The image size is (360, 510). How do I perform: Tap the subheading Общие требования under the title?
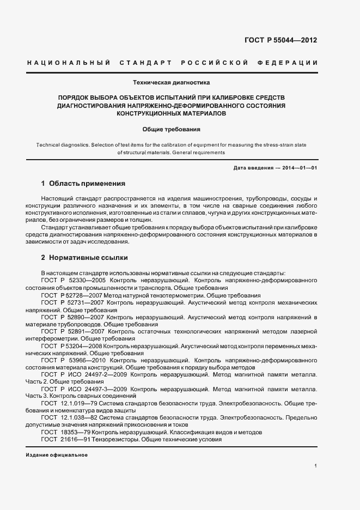tap(172, 130)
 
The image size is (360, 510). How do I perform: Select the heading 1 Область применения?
tap(83, 183)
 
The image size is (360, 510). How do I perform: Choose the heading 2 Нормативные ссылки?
tap(85, 257)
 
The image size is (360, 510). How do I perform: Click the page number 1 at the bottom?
tap(316, 466)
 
